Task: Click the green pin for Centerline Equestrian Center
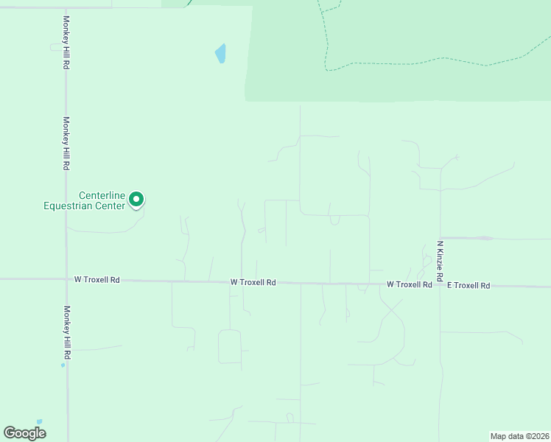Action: [x=136, y=198]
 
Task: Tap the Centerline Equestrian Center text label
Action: [x=84, y=200]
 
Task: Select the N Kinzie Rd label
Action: [x=440, y=261]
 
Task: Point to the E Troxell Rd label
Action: [x=468, y=285]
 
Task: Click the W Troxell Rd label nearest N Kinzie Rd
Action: [x=410, y=284]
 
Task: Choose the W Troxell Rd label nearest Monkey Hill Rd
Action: [x=96, y=280]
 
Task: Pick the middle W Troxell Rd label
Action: [x=253, y=282]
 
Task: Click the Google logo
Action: [x=24, y=433]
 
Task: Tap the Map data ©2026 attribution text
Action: [x=520, y=436]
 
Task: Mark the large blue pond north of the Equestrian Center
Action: [x=220, y=53]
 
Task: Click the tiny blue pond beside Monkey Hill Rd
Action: [x=63, y=365]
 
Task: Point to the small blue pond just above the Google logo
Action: [x=39, y=422]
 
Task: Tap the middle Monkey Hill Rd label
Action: [x=66, y=144]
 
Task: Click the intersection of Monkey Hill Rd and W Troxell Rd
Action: [x=66, y=279]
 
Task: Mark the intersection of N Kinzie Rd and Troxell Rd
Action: [x=440, y=285]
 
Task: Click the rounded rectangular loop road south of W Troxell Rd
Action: [x=230, y=346]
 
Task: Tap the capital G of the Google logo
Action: [x=10, y=432]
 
